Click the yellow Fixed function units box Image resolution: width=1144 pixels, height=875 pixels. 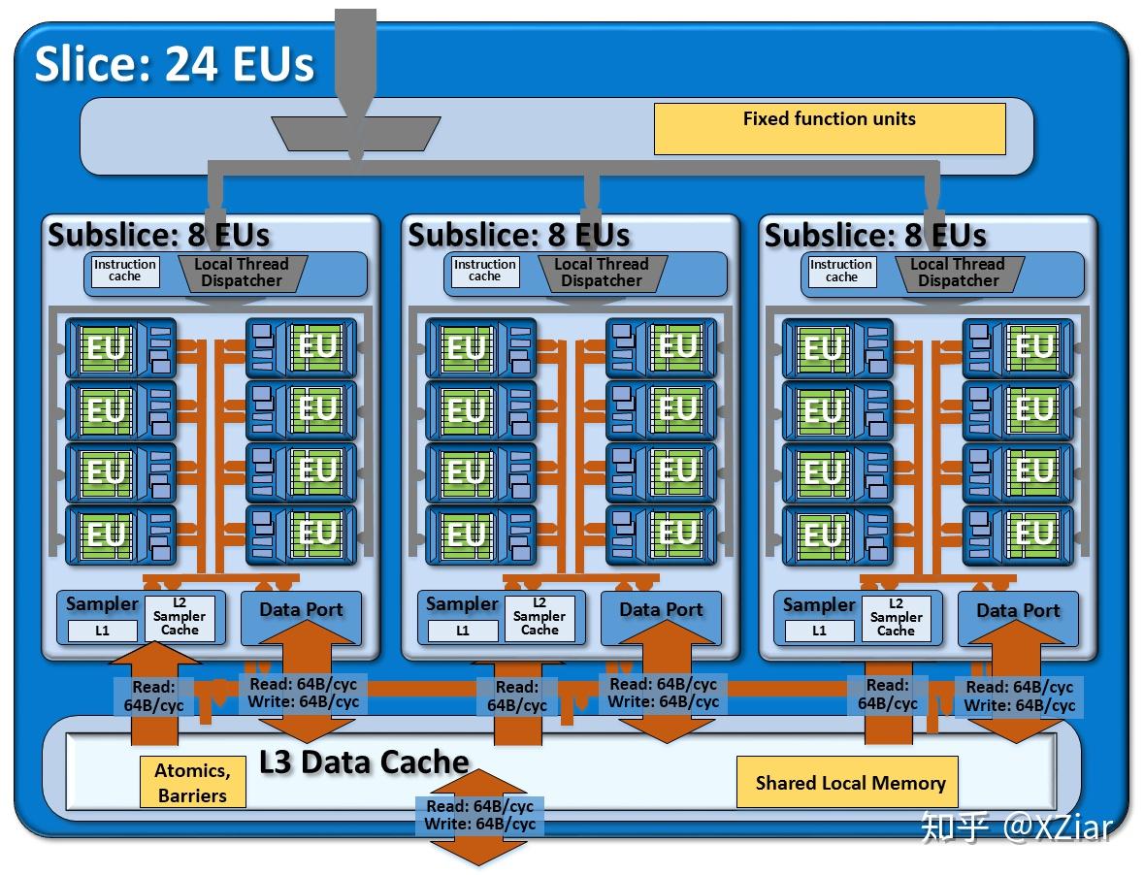[829, 128]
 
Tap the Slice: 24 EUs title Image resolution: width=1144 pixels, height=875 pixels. [175, 65]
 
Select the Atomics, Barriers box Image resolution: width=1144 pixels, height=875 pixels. [192, 782]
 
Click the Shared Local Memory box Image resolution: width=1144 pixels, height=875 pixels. [850, 782]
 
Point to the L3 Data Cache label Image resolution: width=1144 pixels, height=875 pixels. [364, 762]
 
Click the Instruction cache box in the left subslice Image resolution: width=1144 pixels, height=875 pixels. [124, 271]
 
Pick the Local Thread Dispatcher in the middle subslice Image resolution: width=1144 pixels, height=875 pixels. [602, 272]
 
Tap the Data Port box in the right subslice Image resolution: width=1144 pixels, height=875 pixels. [1018, 611]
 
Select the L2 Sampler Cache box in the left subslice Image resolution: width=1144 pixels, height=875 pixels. [180, 617]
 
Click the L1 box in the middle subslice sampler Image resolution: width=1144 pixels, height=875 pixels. [462, 631]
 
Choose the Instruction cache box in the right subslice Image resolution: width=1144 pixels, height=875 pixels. [841, 271]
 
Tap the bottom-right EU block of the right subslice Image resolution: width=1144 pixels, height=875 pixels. [1018, 534]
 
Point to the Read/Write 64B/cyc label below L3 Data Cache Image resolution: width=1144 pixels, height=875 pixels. [479, 815]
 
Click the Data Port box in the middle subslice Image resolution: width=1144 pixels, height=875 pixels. [661, 611]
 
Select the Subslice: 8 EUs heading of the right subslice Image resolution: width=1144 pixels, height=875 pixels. [875, 236]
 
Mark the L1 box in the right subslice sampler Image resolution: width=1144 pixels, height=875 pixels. [819, 631]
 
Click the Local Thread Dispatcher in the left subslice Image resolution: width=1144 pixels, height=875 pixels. [242, 272]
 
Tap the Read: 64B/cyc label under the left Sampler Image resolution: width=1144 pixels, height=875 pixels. [152, 697]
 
